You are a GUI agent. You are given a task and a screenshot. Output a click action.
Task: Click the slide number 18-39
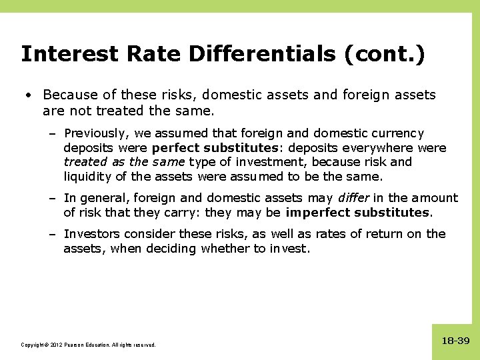pyautogui.click(x=455, y=341)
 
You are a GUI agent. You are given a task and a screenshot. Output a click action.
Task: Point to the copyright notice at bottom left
pyautogui.click(x=88, y=345)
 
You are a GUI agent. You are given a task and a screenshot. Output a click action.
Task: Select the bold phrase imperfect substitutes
pyautogui.click(x=359, y=213)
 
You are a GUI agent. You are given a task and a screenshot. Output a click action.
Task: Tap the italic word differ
pyautogui.click(x=355, y=198)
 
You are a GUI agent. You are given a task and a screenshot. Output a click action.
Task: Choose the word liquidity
pyautogui.click(x=88, y=177)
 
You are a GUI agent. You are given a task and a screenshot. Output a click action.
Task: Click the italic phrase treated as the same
pyautogui.click(x=125, y=162)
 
